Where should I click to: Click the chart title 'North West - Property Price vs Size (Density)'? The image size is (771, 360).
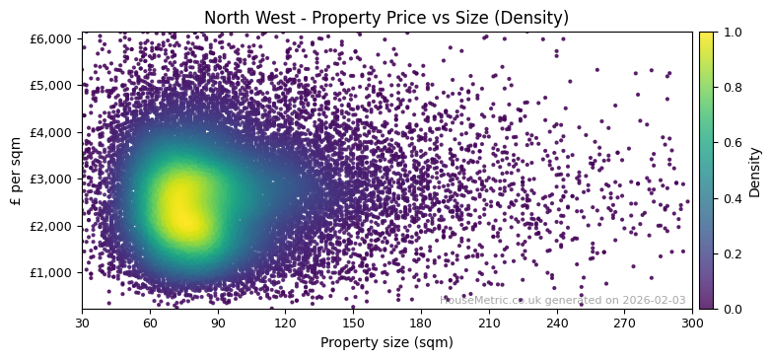(385, 18)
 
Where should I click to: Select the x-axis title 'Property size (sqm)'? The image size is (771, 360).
(386, 343)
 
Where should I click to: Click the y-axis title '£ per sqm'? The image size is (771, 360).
(17, 172)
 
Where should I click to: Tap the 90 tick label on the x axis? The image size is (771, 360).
(218, 323)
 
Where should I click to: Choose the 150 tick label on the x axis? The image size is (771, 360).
(353, 323)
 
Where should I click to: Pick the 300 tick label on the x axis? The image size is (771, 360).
(692, 323)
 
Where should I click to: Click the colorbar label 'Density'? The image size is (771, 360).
(755, 172)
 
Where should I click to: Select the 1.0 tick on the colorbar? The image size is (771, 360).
(731, 32)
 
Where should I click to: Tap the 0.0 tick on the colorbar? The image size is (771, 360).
(731, 309)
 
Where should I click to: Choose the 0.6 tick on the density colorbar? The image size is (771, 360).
(731, 143)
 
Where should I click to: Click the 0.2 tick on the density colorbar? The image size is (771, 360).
(731, 253)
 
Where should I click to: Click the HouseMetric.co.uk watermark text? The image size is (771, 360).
(562, 300)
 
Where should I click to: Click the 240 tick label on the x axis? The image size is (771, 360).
(557, 323)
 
